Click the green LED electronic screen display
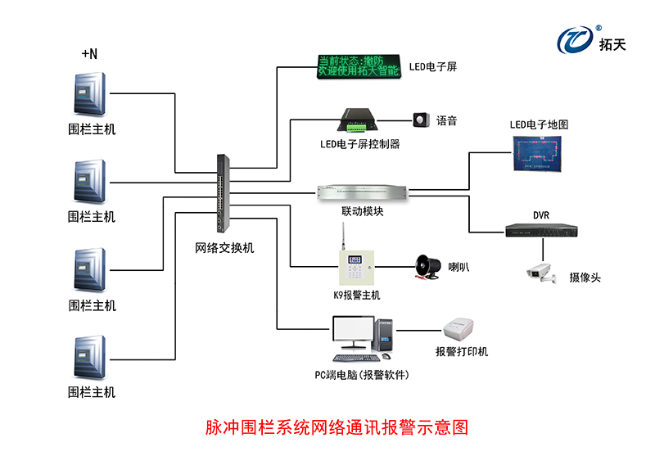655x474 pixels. (x=358, y=65)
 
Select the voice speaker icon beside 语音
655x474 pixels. (x=421, y=121)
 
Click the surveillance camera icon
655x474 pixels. (x=540, y=273)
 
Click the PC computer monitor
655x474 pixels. (x=352, y=333)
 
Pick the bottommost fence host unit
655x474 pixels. (x=89, y=357)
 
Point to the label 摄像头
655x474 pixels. (x=585, y=278)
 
